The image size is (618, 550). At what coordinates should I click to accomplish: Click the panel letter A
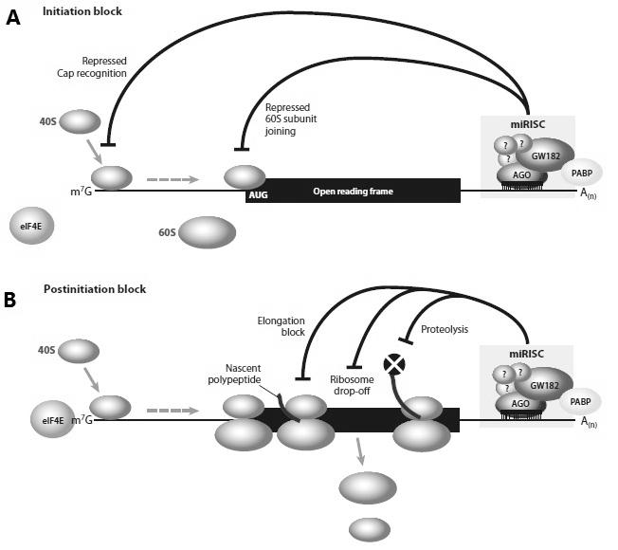pos(13,18)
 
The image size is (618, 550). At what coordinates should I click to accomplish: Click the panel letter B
pos(9,300)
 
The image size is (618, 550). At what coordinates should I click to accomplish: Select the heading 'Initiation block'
pos(82,11)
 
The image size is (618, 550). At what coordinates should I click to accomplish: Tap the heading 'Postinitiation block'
pos(95,289)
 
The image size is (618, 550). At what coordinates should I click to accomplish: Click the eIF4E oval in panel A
pos(31,226)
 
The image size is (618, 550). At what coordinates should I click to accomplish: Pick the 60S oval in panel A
pos(207,232)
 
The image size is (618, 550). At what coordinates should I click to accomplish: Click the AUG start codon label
pos(258,194)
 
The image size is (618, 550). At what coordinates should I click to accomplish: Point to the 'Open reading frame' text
pos(354,192)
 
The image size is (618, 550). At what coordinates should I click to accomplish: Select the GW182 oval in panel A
pos(545,156)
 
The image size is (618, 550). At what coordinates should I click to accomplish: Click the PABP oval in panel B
pos(580,401)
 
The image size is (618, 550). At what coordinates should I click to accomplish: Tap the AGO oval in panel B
pos(520,403)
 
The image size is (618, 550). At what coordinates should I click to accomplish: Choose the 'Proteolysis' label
pos(445,329)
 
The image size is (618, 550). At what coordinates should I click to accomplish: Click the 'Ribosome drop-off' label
pos(352,385)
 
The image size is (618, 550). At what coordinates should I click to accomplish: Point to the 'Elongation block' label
pos(281,326)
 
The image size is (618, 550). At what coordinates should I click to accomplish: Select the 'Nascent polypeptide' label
pos(234,374)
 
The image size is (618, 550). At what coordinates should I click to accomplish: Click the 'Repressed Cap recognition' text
pos(92,67)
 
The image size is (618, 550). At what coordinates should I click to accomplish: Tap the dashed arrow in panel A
pos(173,179)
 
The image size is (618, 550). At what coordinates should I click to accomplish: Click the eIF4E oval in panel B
pos(52,419)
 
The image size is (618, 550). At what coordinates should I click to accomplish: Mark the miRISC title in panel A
pos(528,124)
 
